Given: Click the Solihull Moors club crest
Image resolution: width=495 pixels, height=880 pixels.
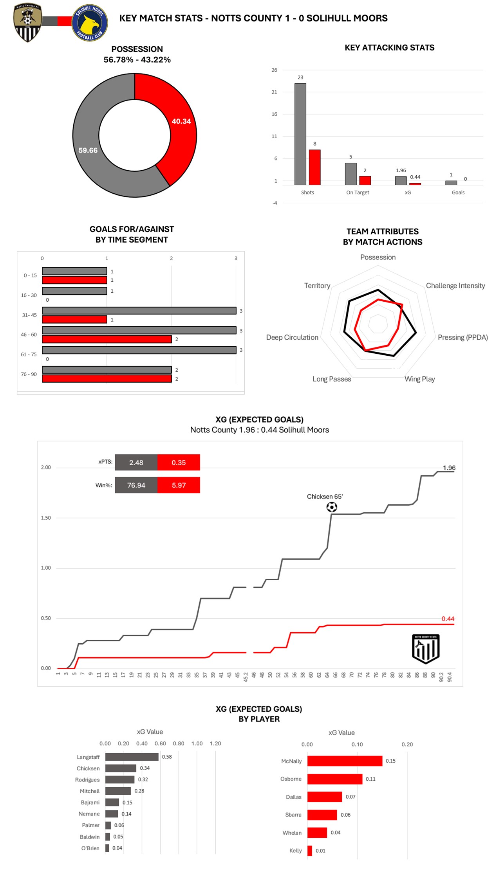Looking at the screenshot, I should (x=90, y=23).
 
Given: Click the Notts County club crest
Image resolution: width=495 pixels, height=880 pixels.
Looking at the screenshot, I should (x=27, y=22).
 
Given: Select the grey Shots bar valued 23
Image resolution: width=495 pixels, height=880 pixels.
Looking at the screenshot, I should (x=300, y=134).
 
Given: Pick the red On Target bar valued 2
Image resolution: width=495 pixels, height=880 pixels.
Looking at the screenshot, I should (x=365, y=180).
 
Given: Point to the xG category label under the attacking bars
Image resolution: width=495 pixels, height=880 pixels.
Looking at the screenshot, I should (x=408, y=193).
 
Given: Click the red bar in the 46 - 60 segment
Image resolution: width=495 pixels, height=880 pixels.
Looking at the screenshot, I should (x=107, y=339).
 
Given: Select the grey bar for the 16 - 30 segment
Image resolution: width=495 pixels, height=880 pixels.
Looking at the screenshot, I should (x=74, y=291).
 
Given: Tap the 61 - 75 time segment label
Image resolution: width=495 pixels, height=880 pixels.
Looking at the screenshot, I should (x=29, y=355).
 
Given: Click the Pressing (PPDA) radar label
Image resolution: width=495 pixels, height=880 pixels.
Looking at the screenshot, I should (x=462, y=337).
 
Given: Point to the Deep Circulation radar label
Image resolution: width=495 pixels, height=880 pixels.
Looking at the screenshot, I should (x=292, y=337).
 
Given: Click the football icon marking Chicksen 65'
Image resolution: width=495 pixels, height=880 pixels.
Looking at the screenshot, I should (x=332, y=507).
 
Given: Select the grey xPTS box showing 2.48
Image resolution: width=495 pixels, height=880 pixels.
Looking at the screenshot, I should (x=136, y=462).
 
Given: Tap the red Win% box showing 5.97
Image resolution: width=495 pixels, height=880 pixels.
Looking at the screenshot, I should (x=179, y=485).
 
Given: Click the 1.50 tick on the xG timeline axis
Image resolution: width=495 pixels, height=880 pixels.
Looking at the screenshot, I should (x=46, y=518).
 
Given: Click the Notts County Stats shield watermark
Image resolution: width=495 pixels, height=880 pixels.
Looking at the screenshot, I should (x=426, y=648).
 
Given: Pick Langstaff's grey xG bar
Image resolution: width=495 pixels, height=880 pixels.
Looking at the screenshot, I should (x=132, y=757).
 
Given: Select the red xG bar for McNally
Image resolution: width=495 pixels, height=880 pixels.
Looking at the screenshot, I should (x=345, y=761).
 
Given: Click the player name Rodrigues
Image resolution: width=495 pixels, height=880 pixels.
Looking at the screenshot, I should (x=87, y=780).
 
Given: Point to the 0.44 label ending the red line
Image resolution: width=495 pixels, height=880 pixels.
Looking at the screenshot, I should (x=448, y=619).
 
